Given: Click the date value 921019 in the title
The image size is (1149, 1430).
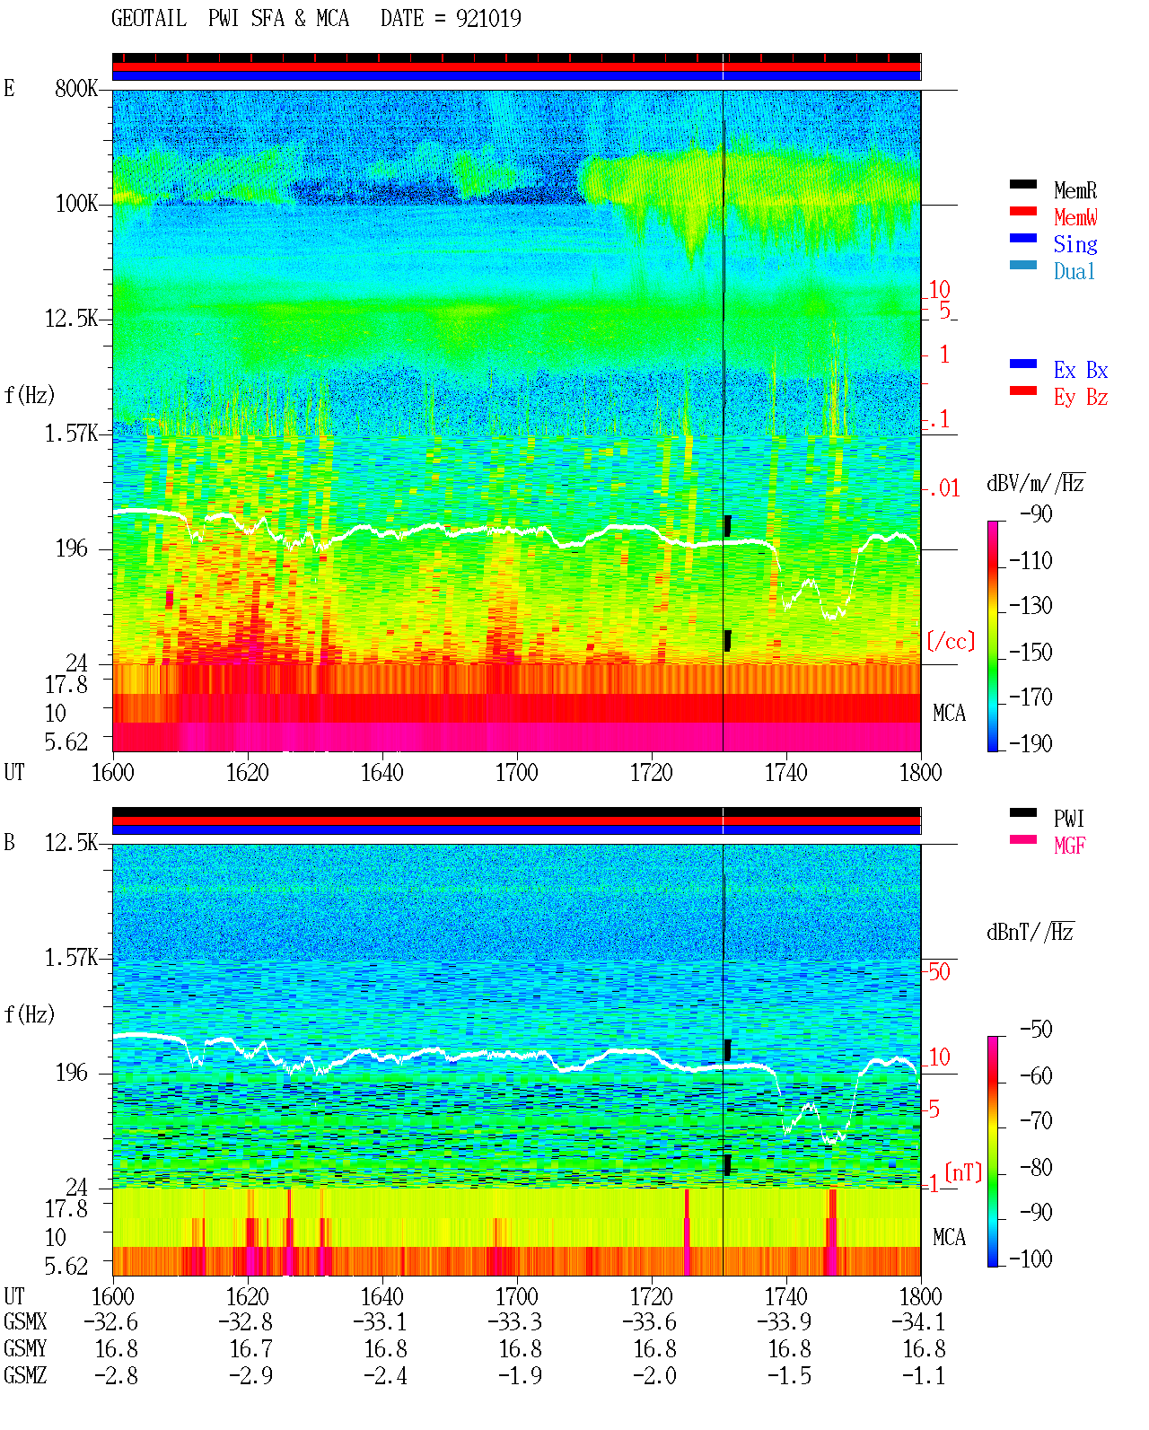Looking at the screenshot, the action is [x=488, y=19].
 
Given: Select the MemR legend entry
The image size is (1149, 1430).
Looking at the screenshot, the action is [x=1074, y=190].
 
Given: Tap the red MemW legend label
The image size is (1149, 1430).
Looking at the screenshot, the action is [x=1075, y=217].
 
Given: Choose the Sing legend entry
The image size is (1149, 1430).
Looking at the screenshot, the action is [x=1074, y=244].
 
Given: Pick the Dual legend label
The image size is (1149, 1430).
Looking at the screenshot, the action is [x=1074, y=271].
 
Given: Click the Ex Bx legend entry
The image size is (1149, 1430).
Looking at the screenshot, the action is [x=1081, y=370].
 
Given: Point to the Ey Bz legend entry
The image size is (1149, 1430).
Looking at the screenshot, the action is [x=1081, y=398].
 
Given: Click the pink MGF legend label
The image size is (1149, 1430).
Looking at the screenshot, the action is [x=1069, y=846].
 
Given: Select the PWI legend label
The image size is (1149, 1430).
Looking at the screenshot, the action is [x=1068, y=819].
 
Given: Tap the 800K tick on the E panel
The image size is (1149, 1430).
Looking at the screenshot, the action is [x=76, y=89].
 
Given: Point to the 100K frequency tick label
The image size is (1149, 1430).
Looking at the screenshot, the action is [x=76, y=204].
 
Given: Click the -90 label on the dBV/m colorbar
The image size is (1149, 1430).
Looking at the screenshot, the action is [x=1036, y=514].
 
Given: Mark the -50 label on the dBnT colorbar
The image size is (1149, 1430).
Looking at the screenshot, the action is [x=1036, y=1030].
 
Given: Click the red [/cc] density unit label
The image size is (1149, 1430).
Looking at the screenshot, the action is [x=951, y=641].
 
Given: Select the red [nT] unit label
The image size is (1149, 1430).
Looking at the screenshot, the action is [x=963, y=1172].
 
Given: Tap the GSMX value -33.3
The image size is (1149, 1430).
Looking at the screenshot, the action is [x=515, y=1322].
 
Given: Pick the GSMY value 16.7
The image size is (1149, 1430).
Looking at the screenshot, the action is [x=251, y=1349].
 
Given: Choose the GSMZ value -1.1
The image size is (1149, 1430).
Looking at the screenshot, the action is [x=924, y=1376].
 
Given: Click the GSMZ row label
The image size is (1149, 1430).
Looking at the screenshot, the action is [x=25, y=1376].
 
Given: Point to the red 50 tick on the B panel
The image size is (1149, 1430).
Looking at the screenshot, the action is [x=939, y=972].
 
